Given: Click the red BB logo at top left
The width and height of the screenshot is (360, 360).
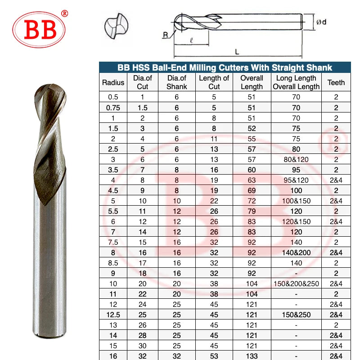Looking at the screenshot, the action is (39, 30).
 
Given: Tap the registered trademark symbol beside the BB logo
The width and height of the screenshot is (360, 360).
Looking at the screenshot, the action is (65, 13).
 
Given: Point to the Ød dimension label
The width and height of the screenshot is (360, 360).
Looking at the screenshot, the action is (321, 22).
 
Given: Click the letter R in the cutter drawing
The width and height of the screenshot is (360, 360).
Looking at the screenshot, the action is (165, 35).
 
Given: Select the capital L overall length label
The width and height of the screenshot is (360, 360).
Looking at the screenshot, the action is (237, 52).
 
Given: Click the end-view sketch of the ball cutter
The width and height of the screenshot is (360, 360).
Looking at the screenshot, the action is (117, 26).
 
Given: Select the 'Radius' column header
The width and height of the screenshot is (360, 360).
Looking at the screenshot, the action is (113, 82).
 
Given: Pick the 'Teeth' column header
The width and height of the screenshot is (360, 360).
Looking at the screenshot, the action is (336, 82).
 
